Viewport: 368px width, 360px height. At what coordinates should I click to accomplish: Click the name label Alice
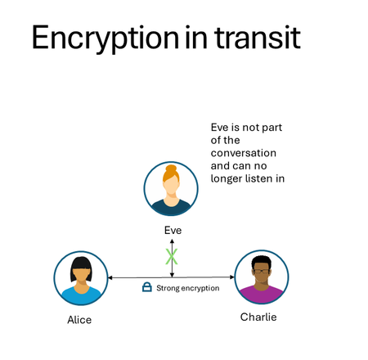(79, 320)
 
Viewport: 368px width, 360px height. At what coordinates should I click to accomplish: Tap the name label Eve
(172, 231)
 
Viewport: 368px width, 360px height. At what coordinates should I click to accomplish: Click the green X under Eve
(172, 257)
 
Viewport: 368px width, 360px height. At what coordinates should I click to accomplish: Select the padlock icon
(147, 287)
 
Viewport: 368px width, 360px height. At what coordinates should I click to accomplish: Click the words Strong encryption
(187, 288)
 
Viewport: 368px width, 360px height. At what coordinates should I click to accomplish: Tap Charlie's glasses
(262, 269)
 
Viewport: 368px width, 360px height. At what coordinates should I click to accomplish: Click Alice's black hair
(80, 262)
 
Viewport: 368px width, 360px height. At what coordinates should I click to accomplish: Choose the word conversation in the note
(244, 153)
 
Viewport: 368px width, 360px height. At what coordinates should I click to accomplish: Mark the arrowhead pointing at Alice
(111, 278)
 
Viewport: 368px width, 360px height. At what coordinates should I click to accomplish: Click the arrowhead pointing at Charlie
(231, 278)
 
